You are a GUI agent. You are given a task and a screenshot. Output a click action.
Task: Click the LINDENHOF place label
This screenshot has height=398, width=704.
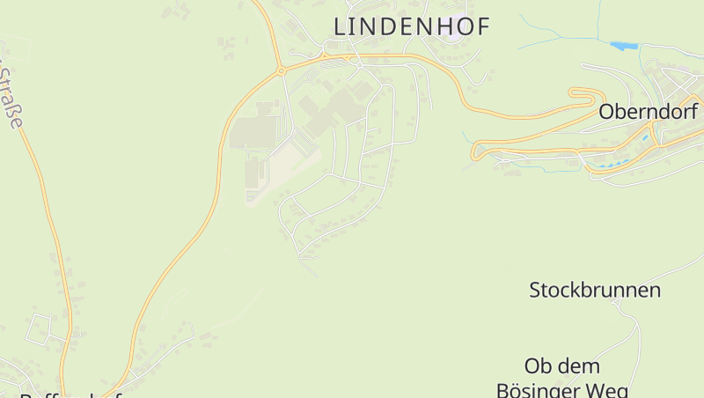click(411, 27)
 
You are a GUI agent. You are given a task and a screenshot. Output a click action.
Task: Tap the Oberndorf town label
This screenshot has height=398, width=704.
click(648, 113)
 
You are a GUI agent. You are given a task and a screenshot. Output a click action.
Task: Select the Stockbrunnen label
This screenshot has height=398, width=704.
click(594, 291)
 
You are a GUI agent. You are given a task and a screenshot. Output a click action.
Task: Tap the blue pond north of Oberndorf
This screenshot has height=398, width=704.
click(623, 45)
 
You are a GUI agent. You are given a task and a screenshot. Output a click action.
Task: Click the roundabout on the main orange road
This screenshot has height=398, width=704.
click(281, 71)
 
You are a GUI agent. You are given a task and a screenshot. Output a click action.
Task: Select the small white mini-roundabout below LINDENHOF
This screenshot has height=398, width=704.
click(359, 63)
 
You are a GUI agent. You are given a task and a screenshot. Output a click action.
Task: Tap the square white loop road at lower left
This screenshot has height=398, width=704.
click(40, 328)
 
